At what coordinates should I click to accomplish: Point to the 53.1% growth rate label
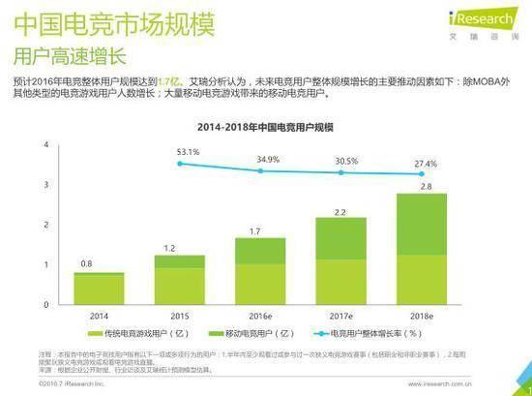[x=188, y=152]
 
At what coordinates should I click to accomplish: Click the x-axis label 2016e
[x=260, y=316]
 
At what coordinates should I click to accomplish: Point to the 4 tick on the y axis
[x=45, y=144]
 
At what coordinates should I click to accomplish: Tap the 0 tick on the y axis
[x=45, y=305]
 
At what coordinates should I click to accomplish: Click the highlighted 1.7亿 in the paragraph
[x=171, y=83]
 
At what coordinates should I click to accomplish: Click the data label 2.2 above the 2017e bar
[x=341, y=210]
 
